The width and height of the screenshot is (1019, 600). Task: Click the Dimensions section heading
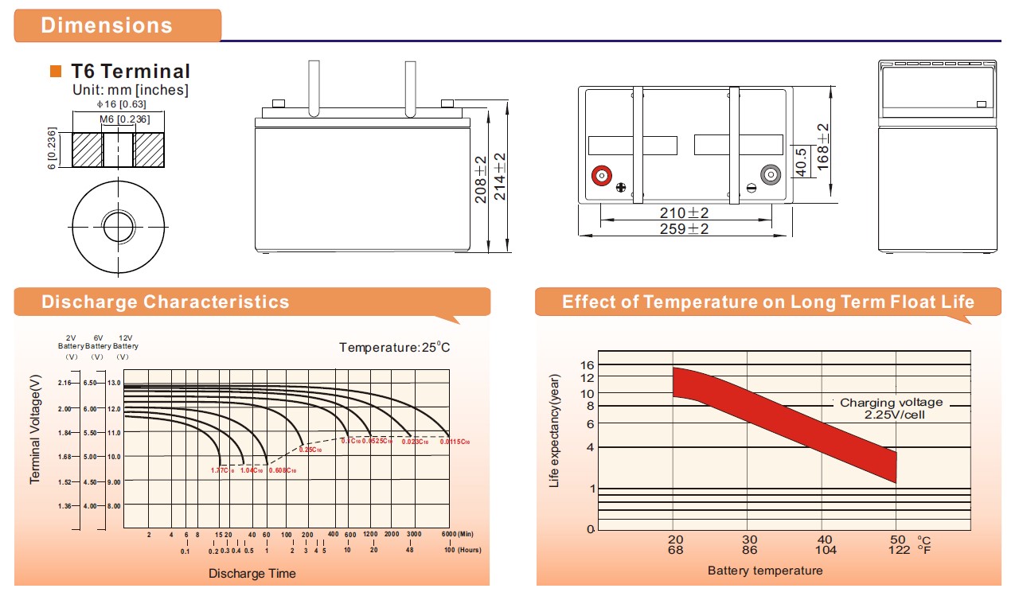tap(107, 25)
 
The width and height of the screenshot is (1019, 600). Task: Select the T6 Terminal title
tap(131, 72)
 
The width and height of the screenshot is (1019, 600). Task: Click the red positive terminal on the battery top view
tap(601, 175)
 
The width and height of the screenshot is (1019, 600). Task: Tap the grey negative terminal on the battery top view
tap(771, 175)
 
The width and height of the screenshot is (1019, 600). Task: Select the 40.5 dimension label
tap(802, 162)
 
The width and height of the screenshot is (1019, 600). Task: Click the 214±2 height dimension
tap(500, 177)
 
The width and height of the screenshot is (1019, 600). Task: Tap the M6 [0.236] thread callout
tap(119, 119)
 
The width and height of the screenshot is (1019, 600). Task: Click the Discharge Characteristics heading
tap(166, 302)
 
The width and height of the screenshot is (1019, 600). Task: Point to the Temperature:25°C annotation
tap(395, 348)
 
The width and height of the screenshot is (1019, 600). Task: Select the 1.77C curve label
tap(222, 470)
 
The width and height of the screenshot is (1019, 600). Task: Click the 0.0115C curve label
tap(455, 442)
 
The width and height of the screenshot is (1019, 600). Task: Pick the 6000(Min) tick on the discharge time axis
tap(457, 534)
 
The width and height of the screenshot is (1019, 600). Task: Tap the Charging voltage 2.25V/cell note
tap(891, 409)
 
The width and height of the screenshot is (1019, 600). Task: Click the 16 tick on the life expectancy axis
tap(588, 365)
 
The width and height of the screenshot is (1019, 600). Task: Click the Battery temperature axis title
tap(764, 571)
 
